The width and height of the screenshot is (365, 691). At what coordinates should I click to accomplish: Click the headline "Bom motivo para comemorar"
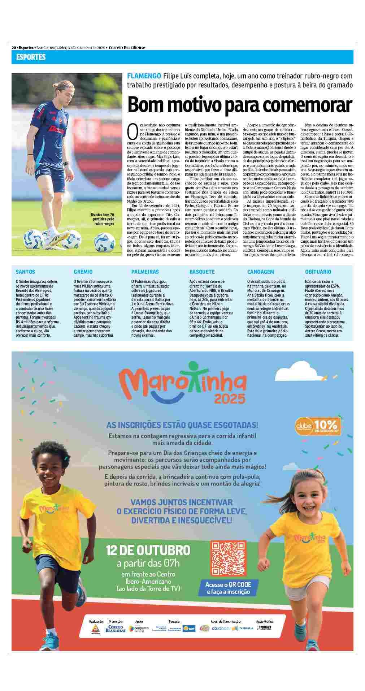click(240, 105)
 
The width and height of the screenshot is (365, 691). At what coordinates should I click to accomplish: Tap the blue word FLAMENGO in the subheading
click(144, 76)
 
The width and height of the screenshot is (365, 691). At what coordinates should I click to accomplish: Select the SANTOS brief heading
click(25, 272)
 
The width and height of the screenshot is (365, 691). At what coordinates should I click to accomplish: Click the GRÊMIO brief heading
click(83, 272)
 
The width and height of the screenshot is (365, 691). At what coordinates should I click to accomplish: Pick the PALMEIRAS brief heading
click(145, 272)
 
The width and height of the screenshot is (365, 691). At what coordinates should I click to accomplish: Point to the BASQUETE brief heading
click(202, 272)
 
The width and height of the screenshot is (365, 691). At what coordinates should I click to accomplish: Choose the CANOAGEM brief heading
click(261, 272)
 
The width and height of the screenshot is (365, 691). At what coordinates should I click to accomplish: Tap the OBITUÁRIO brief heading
click(318, 272)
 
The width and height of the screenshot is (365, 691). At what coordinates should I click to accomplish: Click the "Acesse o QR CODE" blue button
click(228, 588)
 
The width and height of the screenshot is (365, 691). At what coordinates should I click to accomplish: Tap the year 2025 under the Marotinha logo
click(230, 398)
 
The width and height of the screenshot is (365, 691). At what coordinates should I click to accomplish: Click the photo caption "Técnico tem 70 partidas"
click(104, 219)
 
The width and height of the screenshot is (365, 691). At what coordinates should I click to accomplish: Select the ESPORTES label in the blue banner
click(31, 57)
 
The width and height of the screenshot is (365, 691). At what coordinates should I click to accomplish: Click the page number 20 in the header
click(14, 48)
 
